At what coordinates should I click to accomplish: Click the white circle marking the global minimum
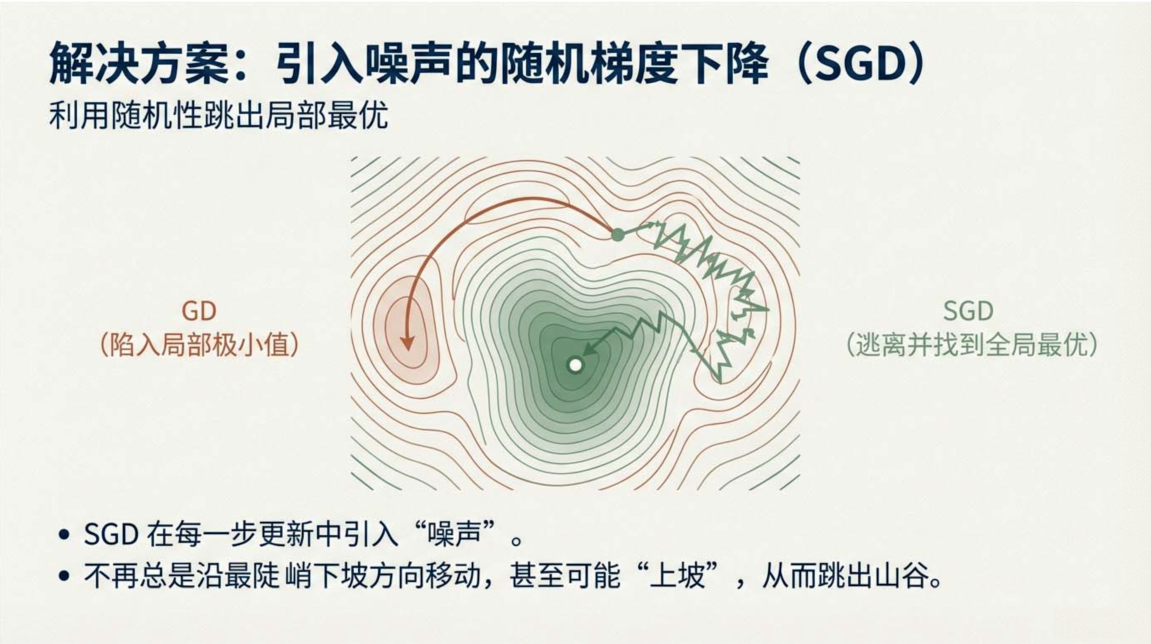click(x=575, y=365)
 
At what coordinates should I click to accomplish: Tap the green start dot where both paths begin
click(x=617, y=234)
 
